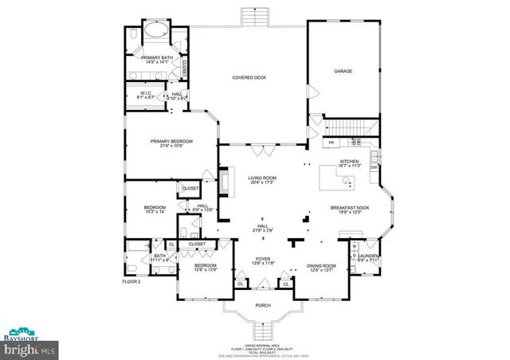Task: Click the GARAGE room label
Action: click(x=343, y=71)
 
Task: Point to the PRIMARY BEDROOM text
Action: click(x=171, y=143)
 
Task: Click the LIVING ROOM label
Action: click(x=261, y=181)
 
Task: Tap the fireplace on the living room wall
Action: click(x=224, y=181)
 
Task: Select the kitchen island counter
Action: click(x=340, y=177)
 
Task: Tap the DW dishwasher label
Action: click(x=373, y=166)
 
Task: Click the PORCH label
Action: click(x=262, y=304)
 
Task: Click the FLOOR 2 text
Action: click(x=131, y=281)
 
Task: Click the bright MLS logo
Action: click(x=29, y=349)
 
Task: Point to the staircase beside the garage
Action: click(x=353, y=127)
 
